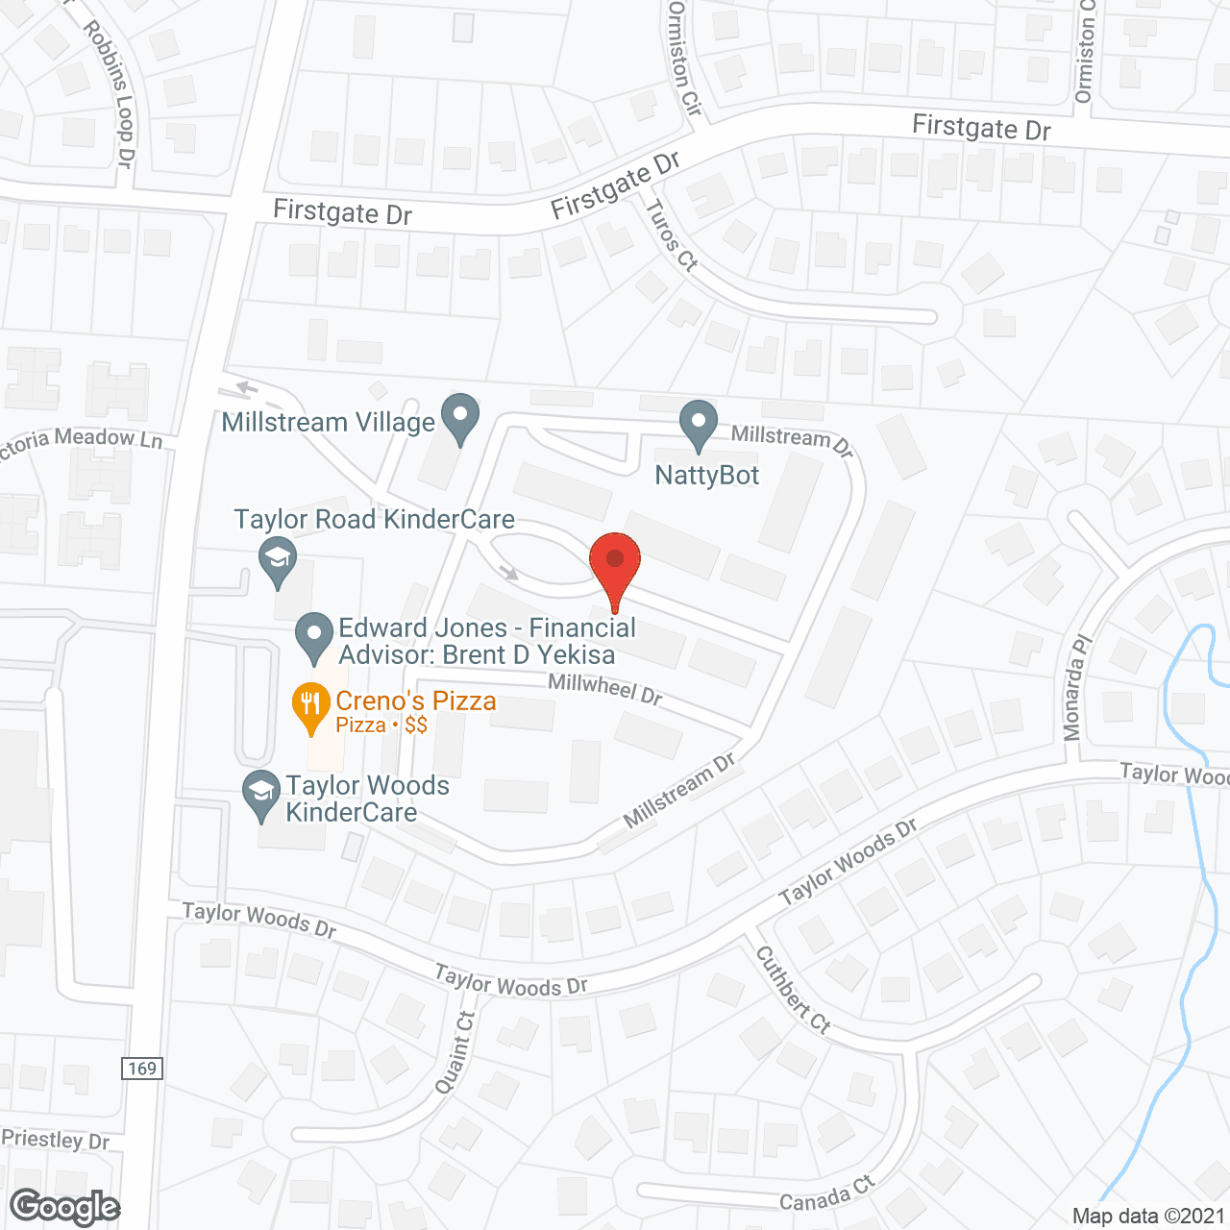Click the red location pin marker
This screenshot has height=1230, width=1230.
[x=615, y=567]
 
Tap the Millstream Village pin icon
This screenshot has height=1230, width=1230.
[x=459, y=418]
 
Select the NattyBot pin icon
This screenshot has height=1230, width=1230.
[x=699, y=424]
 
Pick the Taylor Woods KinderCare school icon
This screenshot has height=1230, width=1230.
[x=260, y=794]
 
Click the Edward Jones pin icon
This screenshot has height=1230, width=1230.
[x=313, y=637]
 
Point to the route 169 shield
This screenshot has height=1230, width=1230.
[x=141, y=1069]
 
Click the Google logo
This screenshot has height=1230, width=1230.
[x=64, y=1207]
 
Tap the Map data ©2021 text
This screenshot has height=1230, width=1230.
[x=1148, y=1216]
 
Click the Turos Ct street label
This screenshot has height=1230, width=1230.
[x=671, y=234]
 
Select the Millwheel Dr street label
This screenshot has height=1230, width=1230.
[x=605, y=689]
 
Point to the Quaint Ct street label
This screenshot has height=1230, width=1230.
[x=455, y=1052]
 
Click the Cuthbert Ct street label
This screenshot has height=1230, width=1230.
[x=793, y=990]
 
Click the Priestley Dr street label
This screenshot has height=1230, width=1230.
[x=56, y=1141]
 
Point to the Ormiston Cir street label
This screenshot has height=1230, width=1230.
[x=684, y=58]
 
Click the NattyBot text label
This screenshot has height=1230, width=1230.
[x=707, y=476]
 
